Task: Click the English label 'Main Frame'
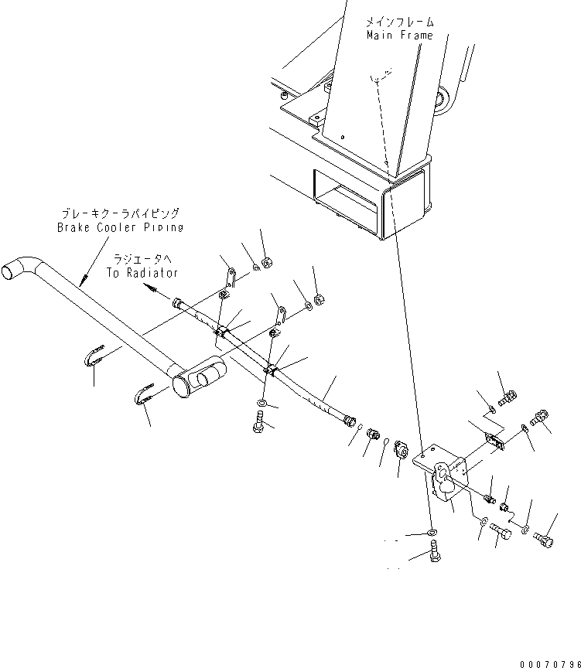click(400, 36)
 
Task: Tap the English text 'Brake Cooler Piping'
click(121, 227)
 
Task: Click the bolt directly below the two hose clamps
click(257, 421)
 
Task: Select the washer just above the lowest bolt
click(431, 532)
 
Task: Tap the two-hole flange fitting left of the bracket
click(401, 448)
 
